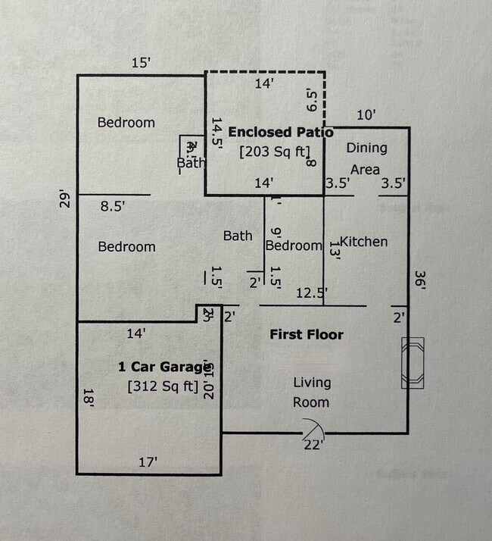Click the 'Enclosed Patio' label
pyautogui.click(x=281, y=132)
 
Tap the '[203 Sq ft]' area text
pyautogui.click(x=274, y=152)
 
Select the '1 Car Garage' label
pyautogui.click(x=163, y=367)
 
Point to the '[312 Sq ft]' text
pyautogui.click(x=163, y=387)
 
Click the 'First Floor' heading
pyautogui.click(x=307, y=334)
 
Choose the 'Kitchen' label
pyautogui.click(x=363, y=242)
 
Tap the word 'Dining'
pyautogui.click(x=366, y=148)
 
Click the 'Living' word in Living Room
pyautogui.click(x=312, y=383)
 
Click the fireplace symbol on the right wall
pyautogui.click(x=413, y=362)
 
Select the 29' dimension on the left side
pyautogui.click(x=67, y=200)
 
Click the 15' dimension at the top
pyautogui.click(x=141, y=64)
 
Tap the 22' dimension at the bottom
pyautogui.click(x=313, y=446)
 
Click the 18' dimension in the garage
pyautogui.click(x=88, y=396)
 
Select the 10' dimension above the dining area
pyautogui.click(x=366, y=115)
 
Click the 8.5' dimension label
pyautogui.click(x=114, y=205)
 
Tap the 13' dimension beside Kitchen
pyautogui.click(x=334, y=250)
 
